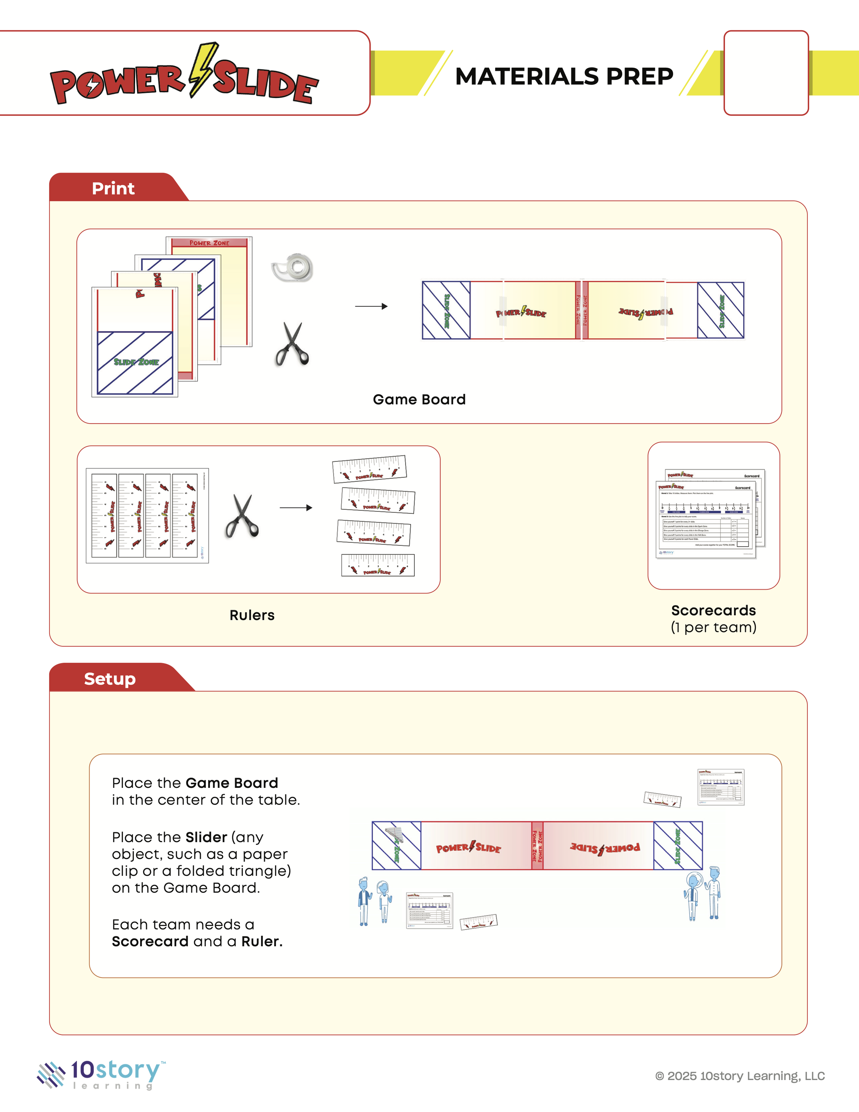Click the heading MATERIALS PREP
click(564, 76)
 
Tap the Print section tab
click(113, 188)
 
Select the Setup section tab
click(110, 679)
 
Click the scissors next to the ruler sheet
click(242, 516)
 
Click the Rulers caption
click(252, 615)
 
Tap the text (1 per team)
click(713, 627)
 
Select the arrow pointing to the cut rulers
click(295, 508)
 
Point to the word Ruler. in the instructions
click(261, 942)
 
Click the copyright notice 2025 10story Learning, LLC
click(740, 1076)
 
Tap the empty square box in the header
click(766, 73)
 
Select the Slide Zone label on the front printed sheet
click(136, 362)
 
